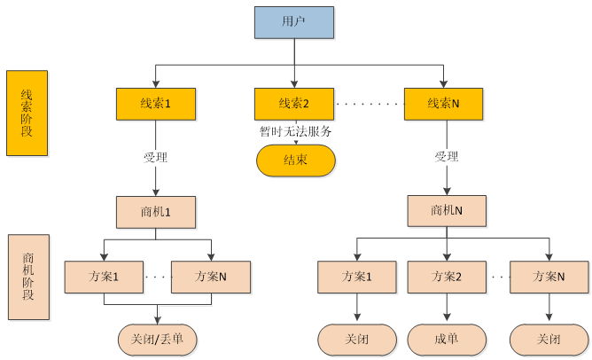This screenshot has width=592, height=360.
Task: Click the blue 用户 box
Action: (x=294, y=22)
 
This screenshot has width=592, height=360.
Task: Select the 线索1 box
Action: (x=155, y=104)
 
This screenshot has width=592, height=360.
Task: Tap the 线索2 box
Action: (x=294, y=104)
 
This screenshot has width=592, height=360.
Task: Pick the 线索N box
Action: (x=443, y=104)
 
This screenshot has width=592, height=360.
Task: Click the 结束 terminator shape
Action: (x=296, y=161)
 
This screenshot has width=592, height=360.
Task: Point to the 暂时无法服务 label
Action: (x=296, y=131)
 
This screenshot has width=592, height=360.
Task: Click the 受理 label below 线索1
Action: (x=155, y=157)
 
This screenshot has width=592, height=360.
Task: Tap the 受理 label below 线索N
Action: (x=446, y=157)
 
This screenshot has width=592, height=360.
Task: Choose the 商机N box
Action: (x=447, y=211)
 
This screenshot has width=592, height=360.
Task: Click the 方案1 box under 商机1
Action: (x=104, y=277)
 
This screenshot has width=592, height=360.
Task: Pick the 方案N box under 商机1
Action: (x=210, y=277)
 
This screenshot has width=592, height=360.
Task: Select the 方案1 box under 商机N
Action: (x=357, y=277)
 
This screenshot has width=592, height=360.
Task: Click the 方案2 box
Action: (x=447, y=277)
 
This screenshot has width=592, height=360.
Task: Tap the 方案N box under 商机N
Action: (x=549, y=277)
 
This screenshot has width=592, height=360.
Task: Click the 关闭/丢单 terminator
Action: (x=157, y=338)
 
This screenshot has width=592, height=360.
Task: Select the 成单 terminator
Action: (x=447, y=338)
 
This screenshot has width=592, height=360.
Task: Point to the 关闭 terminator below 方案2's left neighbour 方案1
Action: (x=357, y=338)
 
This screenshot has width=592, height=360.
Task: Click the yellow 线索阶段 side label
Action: (x=27, y=113)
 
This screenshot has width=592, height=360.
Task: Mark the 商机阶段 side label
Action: (x=27, y=276)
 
